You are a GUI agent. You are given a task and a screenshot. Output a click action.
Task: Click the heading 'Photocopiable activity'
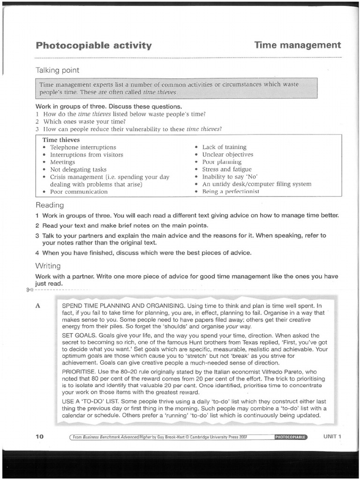pyautogui.click(x=94, y=45)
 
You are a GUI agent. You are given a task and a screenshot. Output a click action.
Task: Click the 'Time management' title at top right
pyautogui.click(x=298, y=45)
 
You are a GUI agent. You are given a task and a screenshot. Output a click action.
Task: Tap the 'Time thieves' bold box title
pyautogui.click(x=61, y=140)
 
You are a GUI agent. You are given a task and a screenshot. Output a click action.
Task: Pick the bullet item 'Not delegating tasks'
pyautogui.click(x=78, y=169)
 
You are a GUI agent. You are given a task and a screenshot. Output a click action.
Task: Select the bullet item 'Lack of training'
pyautogui.click(x=224, y=147)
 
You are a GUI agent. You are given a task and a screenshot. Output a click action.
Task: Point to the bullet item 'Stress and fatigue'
pyautogui.click(x=227, y=169)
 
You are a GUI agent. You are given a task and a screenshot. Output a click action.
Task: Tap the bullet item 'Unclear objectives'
pyautogui.click(x=227, y=154)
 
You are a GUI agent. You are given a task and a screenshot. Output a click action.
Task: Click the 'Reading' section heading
pyautogui.click(x=50, y=205)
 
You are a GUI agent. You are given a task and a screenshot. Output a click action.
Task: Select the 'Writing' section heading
pyautogui.click(x=48, y=266)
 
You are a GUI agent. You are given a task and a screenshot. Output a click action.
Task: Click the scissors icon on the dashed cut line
pyautogui.click(x=30, y=290)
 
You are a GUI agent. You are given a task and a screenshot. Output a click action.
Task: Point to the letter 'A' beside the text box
pyautogui.click(x=38, y=306)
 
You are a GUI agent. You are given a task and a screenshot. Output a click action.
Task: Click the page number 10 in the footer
pyautogui.click(x=40, y=436)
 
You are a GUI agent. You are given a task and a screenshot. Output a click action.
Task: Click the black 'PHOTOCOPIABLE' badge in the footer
pyautogui.click(x=291, y=437)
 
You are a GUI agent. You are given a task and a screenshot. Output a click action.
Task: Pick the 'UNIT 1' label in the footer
pyautogui.click(x=332, y=436)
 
